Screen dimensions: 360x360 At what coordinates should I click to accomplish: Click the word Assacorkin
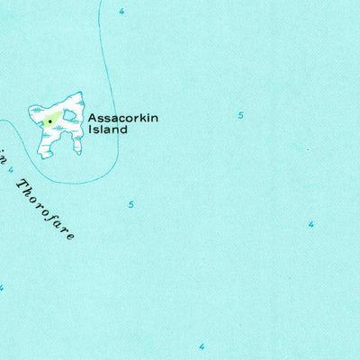click(x=121, y=117)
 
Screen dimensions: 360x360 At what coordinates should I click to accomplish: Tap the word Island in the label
click(x=107, y=129)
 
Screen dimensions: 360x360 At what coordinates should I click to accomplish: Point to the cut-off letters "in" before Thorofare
click(x=4, y=149)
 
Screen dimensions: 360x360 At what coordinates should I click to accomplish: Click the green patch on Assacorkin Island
click(x=51, y=118)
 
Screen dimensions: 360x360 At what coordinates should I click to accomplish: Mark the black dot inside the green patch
click(x=49, y=119)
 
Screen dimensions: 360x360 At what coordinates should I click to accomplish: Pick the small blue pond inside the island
click(x=68, y=114)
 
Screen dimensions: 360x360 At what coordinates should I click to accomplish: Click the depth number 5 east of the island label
click(x=240, y=115)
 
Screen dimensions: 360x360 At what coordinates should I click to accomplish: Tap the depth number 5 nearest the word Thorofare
click(x=130, y=204)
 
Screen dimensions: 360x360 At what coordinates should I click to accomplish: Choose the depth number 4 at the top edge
click(x=121, y=11)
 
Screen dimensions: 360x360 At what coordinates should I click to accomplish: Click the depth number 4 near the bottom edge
click(x=202, y=346)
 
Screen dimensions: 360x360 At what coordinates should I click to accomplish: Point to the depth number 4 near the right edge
click(x=311, y=224)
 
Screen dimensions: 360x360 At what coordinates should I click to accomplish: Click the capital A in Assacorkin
click(x=92, y=117)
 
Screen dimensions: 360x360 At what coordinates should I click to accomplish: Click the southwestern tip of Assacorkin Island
click(x=40, y=156)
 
